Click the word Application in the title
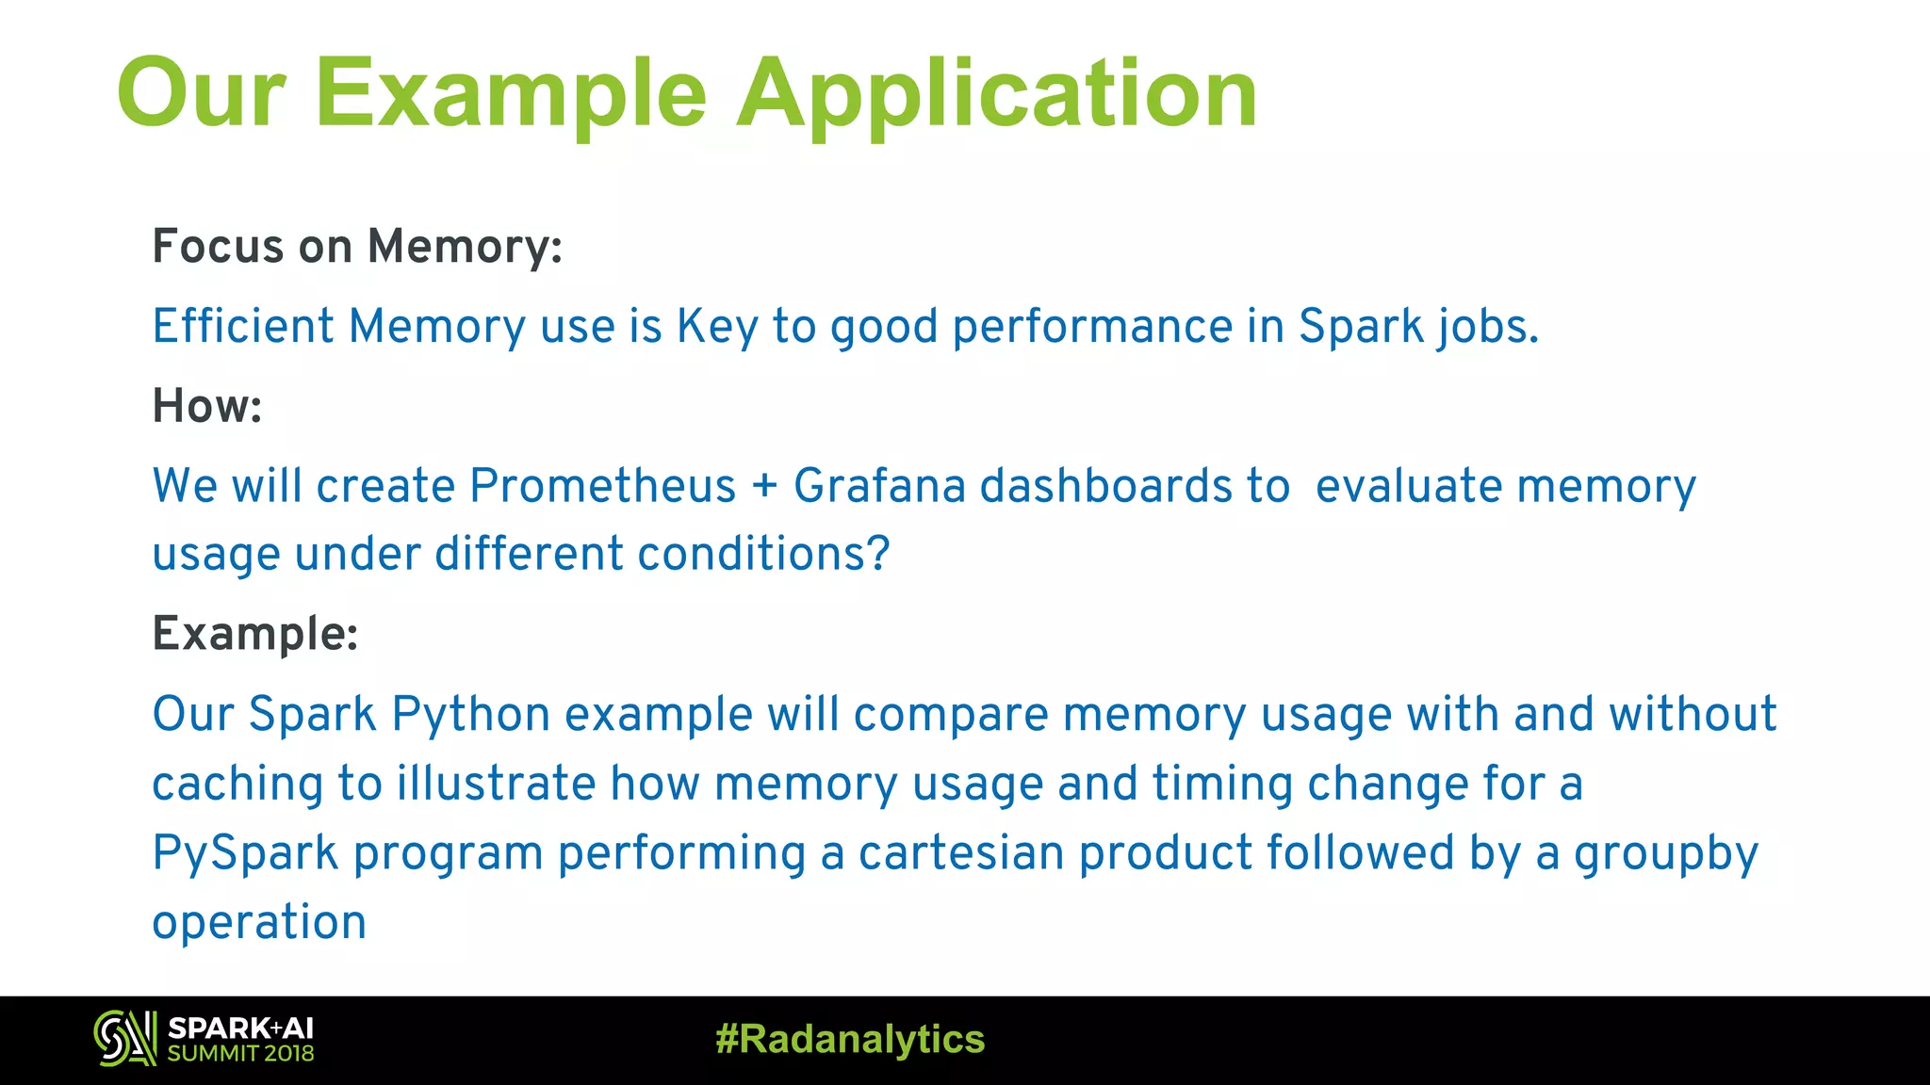pos(996,94)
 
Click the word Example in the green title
pos(510,94)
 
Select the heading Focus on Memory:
pos(357,247)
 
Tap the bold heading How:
pos(207,407)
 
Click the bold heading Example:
pos(255,634)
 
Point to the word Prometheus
pos(602,487)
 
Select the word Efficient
pos(243,327)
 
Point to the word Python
pos(470,715)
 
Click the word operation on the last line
pos(259,923)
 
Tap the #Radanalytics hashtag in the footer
pos(850,1040)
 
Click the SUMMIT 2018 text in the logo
pos(240,1054)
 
